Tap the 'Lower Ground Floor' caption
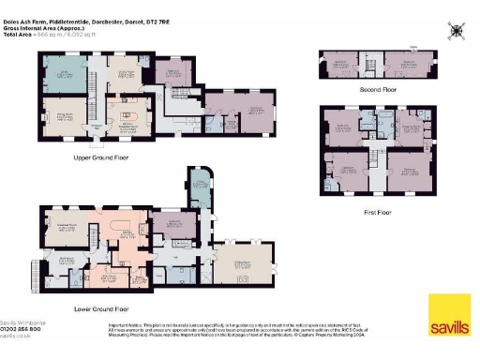click(x=101, y=307)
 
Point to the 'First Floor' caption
click(x=377, y=212)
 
